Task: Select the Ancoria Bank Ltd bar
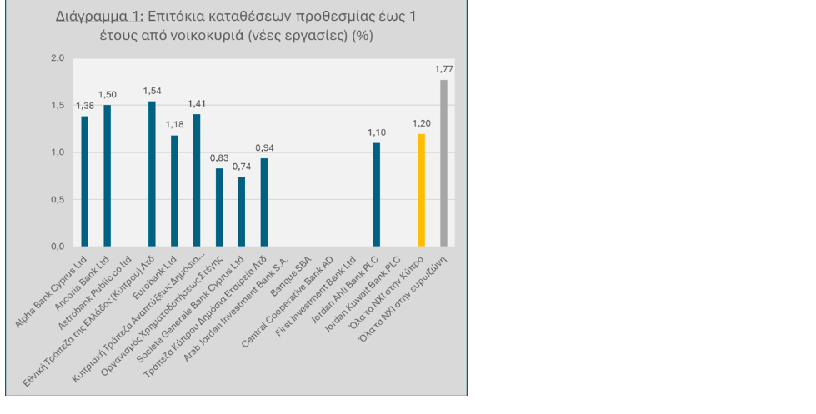[107, 176]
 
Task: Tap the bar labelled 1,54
[152, 174]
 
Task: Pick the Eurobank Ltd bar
[174, 191]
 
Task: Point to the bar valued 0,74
[242, 212]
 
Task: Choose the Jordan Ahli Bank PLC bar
[376, 195]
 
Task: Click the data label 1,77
[444, 69]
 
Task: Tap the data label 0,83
[219, 158]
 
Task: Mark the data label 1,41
[197, 104]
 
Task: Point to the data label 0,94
[264, 147]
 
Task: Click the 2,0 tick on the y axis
[58, 58]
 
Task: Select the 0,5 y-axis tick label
[58, 200]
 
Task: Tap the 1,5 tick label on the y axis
[58, 106]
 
